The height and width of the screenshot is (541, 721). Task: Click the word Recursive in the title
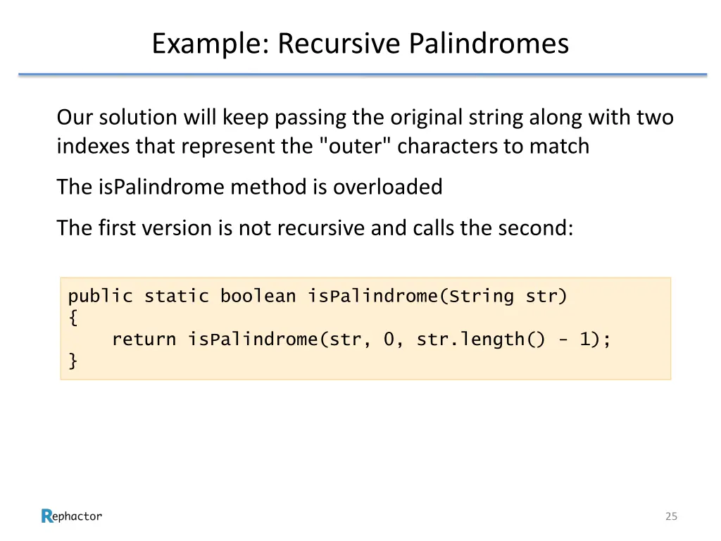339,44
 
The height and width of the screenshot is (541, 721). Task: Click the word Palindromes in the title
489,44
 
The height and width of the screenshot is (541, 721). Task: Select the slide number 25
671,516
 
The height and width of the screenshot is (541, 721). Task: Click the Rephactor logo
71,516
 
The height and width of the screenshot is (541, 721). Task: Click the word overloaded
387,187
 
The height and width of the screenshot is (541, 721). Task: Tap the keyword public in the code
100,297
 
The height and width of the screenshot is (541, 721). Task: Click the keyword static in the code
176,297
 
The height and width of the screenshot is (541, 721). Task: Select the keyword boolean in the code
258,297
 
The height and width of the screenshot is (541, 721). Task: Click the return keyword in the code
144,340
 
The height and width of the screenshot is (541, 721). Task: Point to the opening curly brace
73,318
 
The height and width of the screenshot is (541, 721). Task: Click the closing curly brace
73,361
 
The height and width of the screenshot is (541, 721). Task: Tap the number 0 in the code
389,340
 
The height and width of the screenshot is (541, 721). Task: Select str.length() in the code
481,340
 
